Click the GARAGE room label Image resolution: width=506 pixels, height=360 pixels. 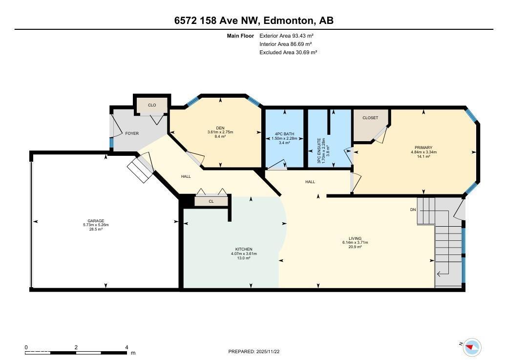pos(96,221)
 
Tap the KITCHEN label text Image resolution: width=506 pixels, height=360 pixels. pos(244,249)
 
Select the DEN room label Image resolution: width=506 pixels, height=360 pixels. pos(220,128)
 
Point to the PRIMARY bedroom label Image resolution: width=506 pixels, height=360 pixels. pos(424,148)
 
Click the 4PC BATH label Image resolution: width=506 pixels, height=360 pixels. pos(284,134)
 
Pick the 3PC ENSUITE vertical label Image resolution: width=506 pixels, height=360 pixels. pos(319,150)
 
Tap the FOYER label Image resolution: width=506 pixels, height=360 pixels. pos(132,133)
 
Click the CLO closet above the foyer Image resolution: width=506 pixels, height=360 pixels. pos(152,105)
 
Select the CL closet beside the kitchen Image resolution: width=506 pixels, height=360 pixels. pos(211,201)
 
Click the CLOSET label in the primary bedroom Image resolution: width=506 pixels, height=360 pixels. pos(370,118)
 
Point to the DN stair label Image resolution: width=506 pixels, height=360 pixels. pos(413,210)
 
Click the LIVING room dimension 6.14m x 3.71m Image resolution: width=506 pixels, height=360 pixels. pos(355,242)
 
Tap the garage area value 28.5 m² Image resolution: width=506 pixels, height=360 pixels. pos(96,229)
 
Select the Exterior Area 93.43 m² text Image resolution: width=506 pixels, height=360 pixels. pos(287,36)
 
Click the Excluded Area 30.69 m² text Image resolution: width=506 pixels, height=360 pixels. pos(289,52)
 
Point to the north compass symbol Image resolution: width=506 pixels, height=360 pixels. pos(472,347)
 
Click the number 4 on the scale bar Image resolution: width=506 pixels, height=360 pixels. pos(126,347)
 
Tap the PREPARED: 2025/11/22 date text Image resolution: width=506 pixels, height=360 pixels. pos(253,352)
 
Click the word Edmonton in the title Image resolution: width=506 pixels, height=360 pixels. pos(288,21)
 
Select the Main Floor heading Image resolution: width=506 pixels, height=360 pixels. pos(240,36)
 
